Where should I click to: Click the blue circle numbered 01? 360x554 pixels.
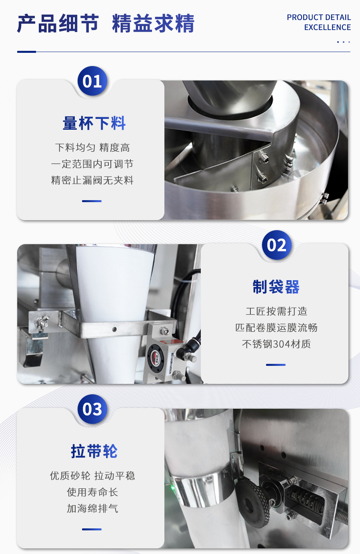coord(92,81)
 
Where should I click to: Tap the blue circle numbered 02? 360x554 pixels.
coord(277,245)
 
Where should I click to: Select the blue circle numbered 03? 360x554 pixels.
coord(92,409)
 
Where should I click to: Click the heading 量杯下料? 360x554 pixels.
coord(94,123)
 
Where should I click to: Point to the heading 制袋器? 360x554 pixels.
coord(276,287)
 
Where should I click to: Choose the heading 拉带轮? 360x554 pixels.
coord(94,451)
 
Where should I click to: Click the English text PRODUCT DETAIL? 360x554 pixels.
coord(319,17)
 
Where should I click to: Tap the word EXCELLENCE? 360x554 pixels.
coord(327,27)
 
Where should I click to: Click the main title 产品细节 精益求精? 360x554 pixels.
coord(106,24)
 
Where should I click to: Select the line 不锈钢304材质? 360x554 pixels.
coord(276,344)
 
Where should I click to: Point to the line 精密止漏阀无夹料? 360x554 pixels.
coord(92,180)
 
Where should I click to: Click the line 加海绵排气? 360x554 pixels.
coord(92,508)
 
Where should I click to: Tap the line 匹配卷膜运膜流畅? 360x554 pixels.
coord(276,328)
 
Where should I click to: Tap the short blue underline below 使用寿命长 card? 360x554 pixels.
coord(92,529)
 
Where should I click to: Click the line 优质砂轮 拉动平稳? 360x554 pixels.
coord(92,476)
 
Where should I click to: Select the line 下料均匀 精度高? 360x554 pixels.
coord(92,148)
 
